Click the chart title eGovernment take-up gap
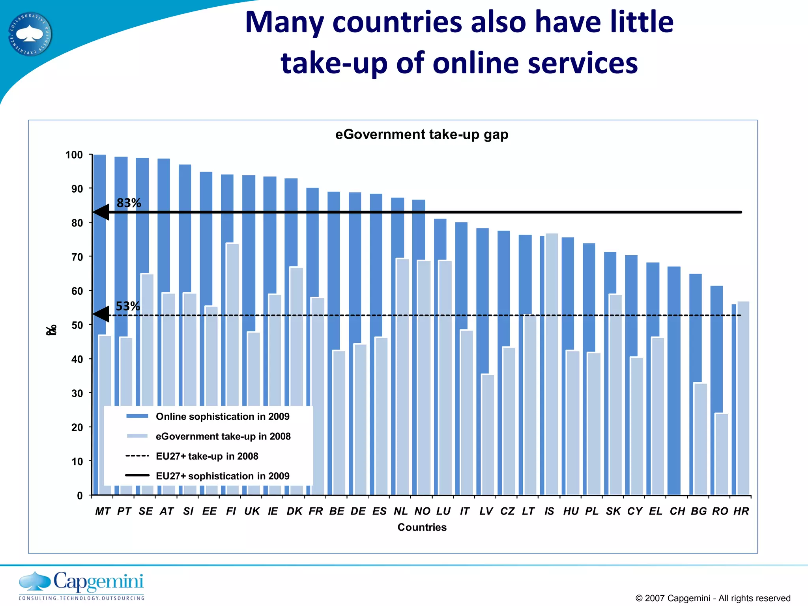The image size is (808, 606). [x=422, y=135]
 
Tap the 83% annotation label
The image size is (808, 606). [x=129, y=203]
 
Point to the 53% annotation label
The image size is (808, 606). [x=127, y=306]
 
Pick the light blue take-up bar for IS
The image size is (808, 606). [x=552, y=363]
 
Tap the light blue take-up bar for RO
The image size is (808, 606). [x=722, y=454]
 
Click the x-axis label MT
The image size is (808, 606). [x=103, y=511]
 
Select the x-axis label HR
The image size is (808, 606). [x=741, y=511]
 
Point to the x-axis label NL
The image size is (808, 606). [x=400, y=511]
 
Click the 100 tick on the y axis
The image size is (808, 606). [x=74, y=155]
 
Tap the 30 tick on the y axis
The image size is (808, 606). [x=77, y=393]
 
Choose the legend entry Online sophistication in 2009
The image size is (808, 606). [x=223, y=417]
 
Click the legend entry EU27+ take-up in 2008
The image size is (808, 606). [x=207, y=456]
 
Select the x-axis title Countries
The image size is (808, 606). [x=422, y=527]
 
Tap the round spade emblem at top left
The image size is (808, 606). [x=30, y=34]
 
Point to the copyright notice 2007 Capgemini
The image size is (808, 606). [x=713, y=598]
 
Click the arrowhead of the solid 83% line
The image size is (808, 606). [x=101, y=212]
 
